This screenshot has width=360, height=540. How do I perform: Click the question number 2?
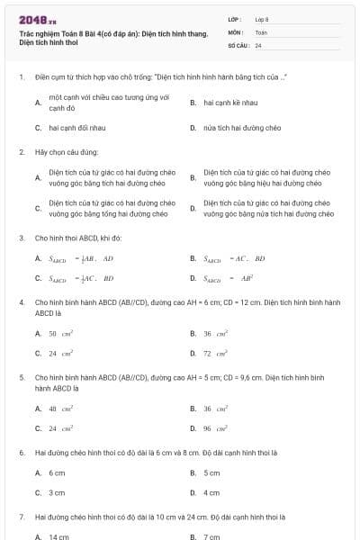pyautogui.click(x=21, y=152)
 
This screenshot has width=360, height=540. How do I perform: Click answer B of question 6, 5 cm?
pyautogui.click(x=211, y=472)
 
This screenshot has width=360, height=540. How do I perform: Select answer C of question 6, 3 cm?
pyautogui.click(x=57, y=492)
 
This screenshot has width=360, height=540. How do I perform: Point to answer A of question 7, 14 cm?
pyautogui.click(x=58, y=536)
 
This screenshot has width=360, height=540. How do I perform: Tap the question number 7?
pyautogui.click(x=21, y=517)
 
